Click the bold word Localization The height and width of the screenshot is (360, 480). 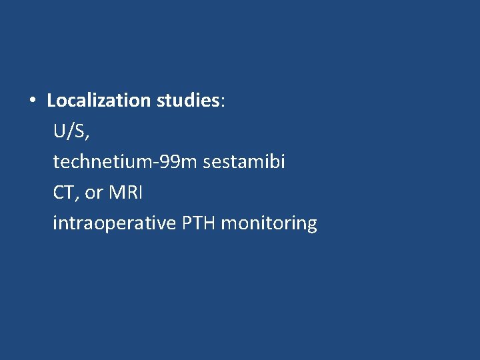coord(99,101)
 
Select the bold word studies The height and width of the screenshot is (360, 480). coord(189,101)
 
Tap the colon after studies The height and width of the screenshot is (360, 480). coord(223,103)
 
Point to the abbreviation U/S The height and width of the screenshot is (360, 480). coord(69,131)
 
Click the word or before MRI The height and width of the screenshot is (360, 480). coord(94,193)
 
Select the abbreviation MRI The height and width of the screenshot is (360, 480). coord(126,193)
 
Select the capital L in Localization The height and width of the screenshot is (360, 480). coord(51,101)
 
